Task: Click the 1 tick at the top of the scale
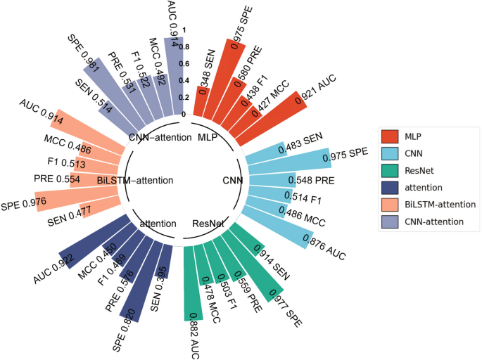coord(184,30)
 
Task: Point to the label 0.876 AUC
coord(324,250)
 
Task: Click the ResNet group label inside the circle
coord(208,224)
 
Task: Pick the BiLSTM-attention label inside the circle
coord(135,181)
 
